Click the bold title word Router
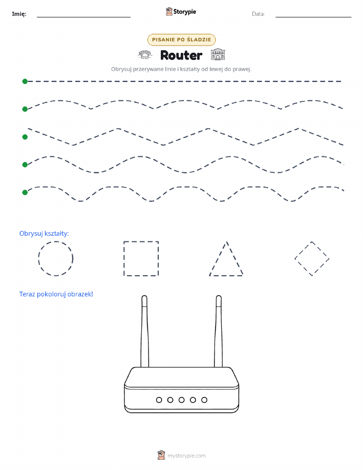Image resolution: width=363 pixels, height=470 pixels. click(181, 55)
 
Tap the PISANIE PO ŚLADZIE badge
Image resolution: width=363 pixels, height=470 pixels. click(181, 39)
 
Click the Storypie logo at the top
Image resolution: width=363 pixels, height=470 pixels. click(181, 12)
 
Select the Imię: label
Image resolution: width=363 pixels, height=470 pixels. click(19, 14)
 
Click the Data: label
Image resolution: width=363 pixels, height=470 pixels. click(258, 14)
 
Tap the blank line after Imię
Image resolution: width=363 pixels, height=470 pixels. click(83, 17)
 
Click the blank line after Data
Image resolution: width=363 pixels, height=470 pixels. click(313, 17)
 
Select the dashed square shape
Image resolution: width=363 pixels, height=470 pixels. click(124, 258)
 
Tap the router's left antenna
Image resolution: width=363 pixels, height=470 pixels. click(145, 331)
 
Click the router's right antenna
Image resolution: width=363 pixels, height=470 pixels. click(218, 331)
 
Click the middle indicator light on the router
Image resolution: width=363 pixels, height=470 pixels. click(181, 400)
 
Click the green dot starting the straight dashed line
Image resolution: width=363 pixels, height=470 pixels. click(25, 81)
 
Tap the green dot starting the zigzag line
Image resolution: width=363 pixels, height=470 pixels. click(25, 137)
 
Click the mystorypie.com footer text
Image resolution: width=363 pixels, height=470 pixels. click(186, 456)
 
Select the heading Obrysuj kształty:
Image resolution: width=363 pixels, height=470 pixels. click(44, 234)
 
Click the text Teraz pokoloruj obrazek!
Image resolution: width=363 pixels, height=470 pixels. click(56, 294)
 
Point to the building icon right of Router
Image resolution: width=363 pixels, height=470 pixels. click(218, 54)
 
